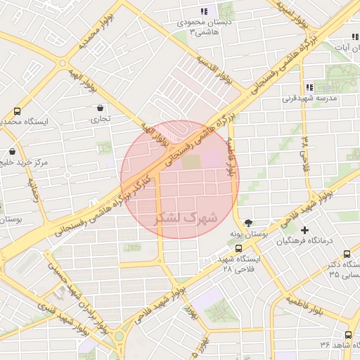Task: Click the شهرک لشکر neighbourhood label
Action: (179, 219)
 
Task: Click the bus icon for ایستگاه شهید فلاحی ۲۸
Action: (238, 248)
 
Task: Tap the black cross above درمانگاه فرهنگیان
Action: (304, 230)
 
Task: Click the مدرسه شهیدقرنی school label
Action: (309, 99)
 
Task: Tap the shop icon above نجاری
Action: (100, 108)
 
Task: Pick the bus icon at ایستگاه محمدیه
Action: (17, 111)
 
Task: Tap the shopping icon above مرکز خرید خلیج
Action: (13, 151)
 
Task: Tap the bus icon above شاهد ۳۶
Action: (348, 335)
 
